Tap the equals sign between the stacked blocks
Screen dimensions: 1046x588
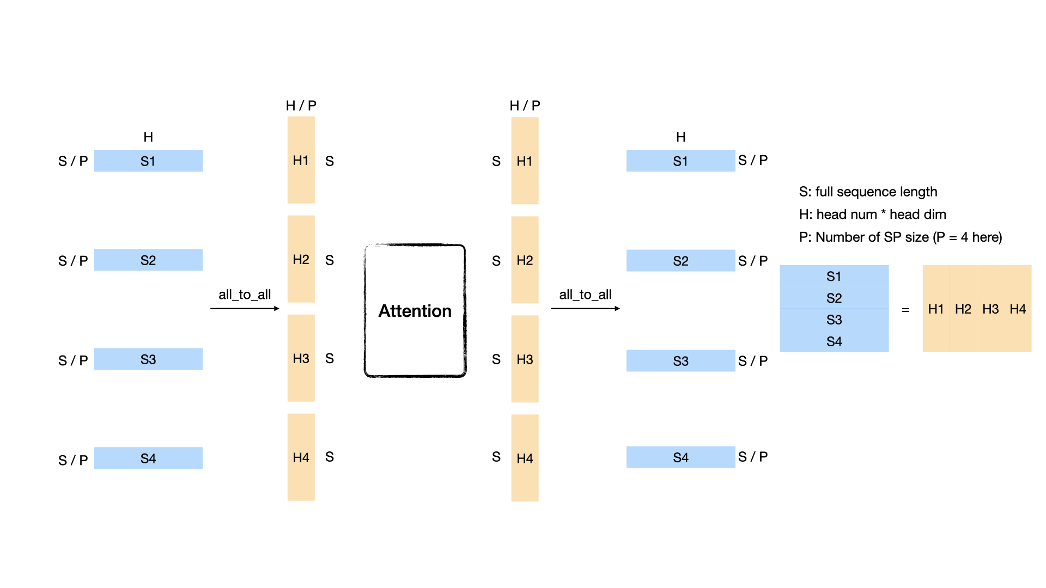pyautogui.click(x=905, y=310)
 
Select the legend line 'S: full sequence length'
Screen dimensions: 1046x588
pyautogui.click(x=868, y=192)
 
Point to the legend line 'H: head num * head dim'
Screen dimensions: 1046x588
pyautogui.click(x=872, y=215)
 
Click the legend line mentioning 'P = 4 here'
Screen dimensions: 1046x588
pyautogui.click(x=901, y=237)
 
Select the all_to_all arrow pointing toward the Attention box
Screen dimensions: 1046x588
pyautogui.click(x=245, y=309)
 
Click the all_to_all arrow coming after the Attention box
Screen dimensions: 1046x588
pyautogui.click(x=585, y=309)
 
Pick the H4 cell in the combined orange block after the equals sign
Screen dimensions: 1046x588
pyautogui.click(x=1018, y=309)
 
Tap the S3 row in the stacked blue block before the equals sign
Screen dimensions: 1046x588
pyautogui.click(x=834, y=320)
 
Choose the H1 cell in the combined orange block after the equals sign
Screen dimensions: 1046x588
pyautogui.click(x=936, y=309)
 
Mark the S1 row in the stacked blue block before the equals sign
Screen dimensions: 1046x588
pyautogui.click(x=834, y=276)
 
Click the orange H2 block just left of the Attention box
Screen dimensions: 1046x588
pyautogui.click(x=301, y=259)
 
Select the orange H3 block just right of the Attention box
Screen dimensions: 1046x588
pyautogui.click(x=525, y=359)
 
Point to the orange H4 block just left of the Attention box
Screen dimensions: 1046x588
pyautogui.click(x=301, y=457)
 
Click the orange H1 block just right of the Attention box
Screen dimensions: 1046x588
pyautogui.click(x=525, y=161)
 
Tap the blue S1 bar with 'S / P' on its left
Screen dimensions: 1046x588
pyautogui.click(x=148, y=161)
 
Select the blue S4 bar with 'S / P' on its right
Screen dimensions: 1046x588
pyautogui.click(x=680, y=457)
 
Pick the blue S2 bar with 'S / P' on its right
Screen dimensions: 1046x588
pyautogui.click(x=680, y=261)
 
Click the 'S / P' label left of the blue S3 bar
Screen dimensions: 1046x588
pyautogui.click(x=73, y=360)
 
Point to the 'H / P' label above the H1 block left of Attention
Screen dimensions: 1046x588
pyautogui.click(x=301, y=106)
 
